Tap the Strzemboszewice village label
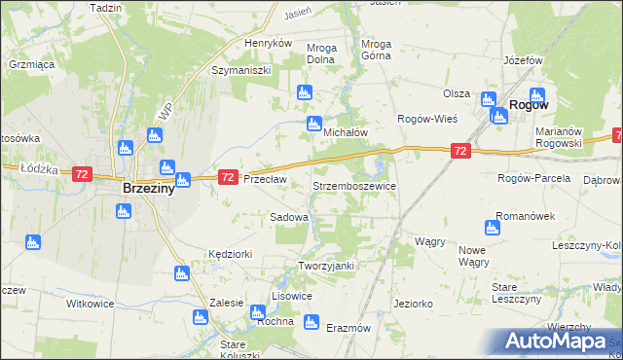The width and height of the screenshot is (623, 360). pyautogui.click(x=353, y=185)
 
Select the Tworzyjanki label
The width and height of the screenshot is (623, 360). pyautogui.click(x=325, y=266)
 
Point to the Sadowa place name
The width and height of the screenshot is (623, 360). pyautogui.click(x=289, y=217)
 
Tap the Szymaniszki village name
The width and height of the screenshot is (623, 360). pyautogui.click(x=240, y=71)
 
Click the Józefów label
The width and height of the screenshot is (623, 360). pyautogui.click(x=522, y=60)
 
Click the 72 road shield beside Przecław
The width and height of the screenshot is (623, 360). pyautogui.click(x=227, y=177)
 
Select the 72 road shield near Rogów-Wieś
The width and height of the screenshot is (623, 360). pyautogui.click(x=461, y=151)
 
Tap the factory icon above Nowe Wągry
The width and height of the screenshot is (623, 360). pyautogui.click(x=492, y=228)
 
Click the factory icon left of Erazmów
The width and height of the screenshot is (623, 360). pyautogui.click(x=311, y=322)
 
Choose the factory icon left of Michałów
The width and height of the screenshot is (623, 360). pyautogui.click(x=313, y=124)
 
